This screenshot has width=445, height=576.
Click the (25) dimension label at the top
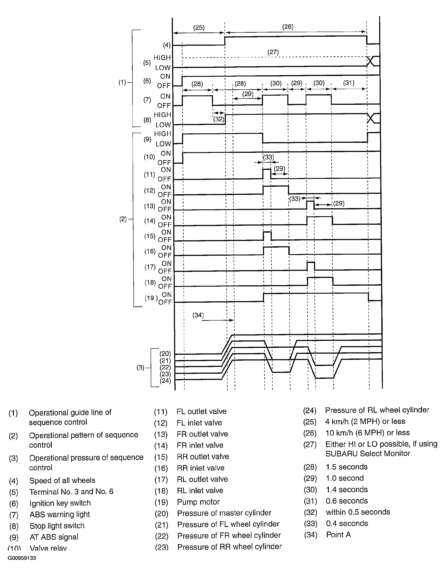(x=199, y=28)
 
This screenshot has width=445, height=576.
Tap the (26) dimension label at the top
(x=288, y=27)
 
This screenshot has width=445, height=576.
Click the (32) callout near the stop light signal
(x=219, y=119)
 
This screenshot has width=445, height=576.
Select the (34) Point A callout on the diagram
(x=198, y=315)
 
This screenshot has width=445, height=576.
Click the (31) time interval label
(x=349, y=83)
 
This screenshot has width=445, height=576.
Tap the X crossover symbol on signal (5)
(x=371, y=61)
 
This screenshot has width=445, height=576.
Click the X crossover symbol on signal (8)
(x=371, y=119)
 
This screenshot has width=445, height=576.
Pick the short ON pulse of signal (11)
(x=267, y=174)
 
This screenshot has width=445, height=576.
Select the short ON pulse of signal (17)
(x=311, y=266)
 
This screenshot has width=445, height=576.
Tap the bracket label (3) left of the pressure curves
(x=140, y=367)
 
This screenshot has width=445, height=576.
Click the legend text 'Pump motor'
(x=198, y=502)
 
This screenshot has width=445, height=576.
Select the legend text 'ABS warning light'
(x=60, y=514)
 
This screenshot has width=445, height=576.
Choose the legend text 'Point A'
(x=338, y=535)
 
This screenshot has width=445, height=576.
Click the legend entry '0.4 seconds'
(x=347, y=523)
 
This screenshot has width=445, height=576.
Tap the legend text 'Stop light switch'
(x=57, y=526)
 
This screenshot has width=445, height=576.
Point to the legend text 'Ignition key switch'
(x=60, y=503)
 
